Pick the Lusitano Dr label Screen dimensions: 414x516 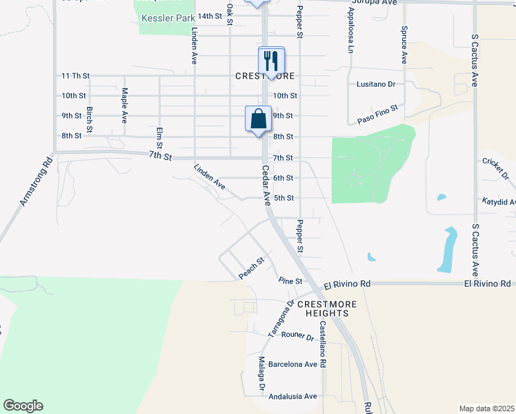[375, 84]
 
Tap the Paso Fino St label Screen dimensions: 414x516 [379, 115]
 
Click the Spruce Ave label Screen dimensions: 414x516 [404, 46]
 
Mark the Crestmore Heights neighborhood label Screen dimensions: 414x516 [317, 308]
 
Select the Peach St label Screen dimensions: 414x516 [252, 269]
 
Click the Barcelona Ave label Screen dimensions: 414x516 [292, 364]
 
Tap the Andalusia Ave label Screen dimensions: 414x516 [292, 396]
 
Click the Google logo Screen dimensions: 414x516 [23, 406]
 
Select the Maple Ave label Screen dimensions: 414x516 [125, 104]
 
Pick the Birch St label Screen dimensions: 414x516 [90, 119]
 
